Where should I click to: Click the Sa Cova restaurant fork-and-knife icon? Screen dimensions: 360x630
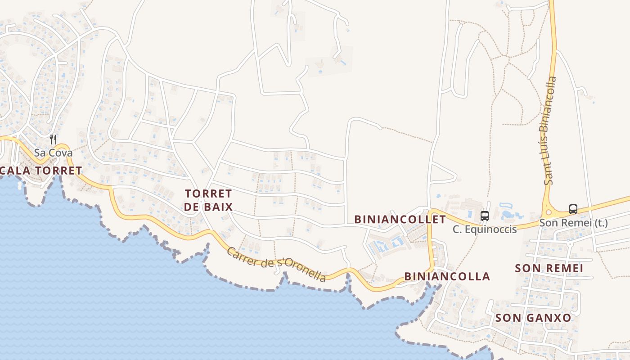[53, 139]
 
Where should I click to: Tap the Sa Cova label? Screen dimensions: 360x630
[53, 153]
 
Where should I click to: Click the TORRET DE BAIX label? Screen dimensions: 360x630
[209, 200]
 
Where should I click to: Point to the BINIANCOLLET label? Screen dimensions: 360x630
[400, 219]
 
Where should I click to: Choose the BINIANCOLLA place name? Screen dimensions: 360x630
[447, 276]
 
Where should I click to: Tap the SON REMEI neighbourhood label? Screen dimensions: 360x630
[549, 268]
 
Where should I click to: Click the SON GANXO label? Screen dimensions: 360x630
[533, 318]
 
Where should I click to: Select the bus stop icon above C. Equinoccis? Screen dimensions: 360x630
[484, 216]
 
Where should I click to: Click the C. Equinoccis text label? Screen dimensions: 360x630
[484, 229]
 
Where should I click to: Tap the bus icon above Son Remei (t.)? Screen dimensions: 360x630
[573, 209]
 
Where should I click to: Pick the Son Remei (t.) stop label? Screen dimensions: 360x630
[573, 222]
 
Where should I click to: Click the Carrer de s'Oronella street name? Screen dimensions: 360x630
[276, 265]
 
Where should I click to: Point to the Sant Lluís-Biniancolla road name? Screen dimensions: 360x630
[550, 130]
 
